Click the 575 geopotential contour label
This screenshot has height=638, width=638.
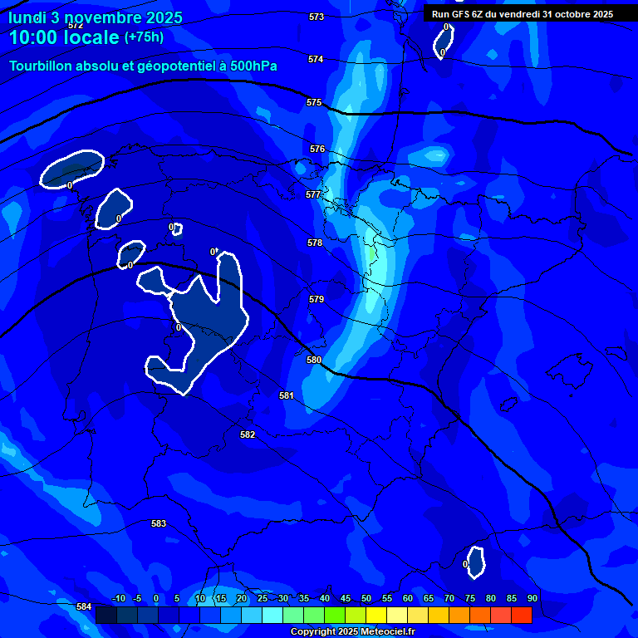[314, 102]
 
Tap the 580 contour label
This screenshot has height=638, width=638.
[314, 360]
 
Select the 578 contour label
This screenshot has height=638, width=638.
[315, 243]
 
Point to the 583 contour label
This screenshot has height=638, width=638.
[159, 523]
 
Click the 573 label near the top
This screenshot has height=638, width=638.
[317, 17]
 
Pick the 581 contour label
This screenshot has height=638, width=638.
[287, 395]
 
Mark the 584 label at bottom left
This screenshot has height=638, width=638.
[84, 607]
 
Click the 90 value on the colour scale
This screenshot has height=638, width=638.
[532, 598]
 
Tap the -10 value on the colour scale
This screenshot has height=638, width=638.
[118, 598]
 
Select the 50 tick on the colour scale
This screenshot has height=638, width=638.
[366, 598]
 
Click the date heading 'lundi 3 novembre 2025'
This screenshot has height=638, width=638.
[96, 17]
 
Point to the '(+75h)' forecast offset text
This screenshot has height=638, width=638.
[144, 37]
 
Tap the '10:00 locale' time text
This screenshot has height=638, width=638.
[65, 37]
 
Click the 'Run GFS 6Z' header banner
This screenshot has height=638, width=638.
[522, 13]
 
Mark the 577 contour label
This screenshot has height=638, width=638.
[313, 194]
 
